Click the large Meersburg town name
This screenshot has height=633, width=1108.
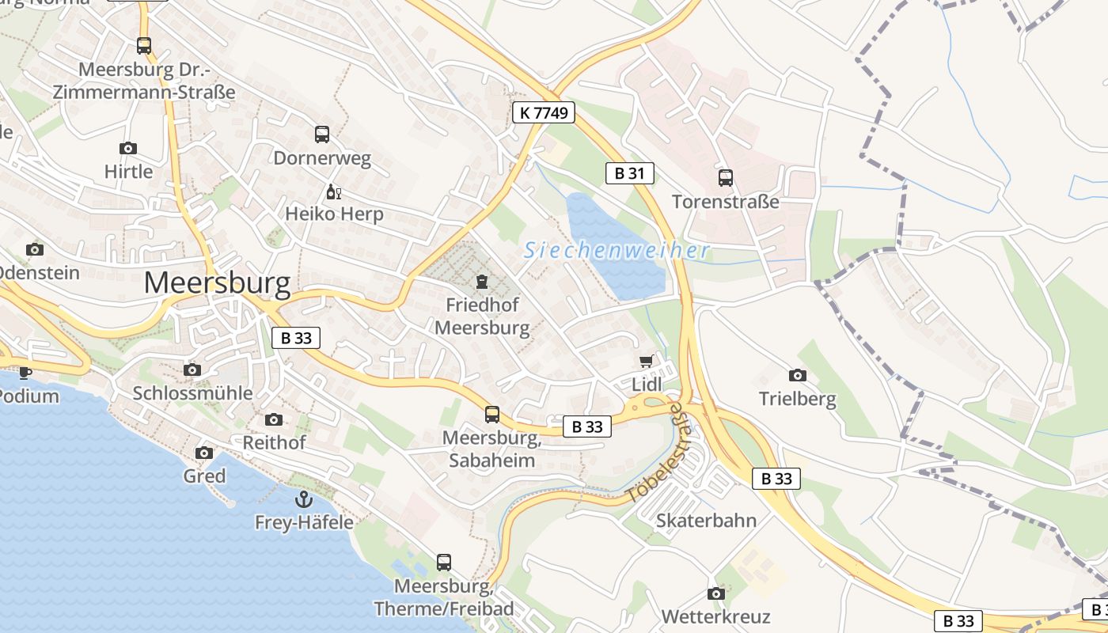[217, 282]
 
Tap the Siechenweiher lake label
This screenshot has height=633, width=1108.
[617, 251]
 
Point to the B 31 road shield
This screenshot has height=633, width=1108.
[630, 173]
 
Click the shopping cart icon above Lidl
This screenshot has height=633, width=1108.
[646, 362]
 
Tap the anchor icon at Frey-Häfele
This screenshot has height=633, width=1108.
[303, 499]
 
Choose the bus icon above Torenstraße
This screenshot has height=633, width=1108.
[725, 178]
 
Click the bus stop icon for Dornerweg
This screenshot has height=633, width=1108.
[321, 135]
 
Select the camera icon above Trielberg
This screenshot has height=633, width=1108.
[797, 375]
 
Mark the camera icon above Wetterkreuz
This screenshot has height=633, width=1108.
[715, 593]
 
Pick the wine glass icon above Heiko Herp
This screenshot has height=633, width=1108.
[333, 191]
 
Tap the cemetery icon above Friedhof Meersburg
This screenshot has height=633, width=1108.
[481, 282]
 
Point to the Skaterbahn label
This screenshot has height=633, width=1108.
[706, 521]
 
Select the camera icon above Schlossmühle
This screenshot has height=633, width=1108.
[192, 370]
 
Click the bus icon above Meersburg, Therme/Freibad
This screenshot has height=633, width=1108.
[444, 563]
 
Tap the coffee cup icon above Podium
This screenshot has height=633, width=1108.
[25, 373]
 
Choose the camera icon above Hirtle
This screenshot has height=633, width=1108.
[127, 148]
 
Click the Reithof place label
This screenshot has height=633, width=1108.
[274, 442]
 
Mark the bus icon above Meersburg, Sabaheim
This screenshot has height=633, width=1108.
[491, 414]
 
